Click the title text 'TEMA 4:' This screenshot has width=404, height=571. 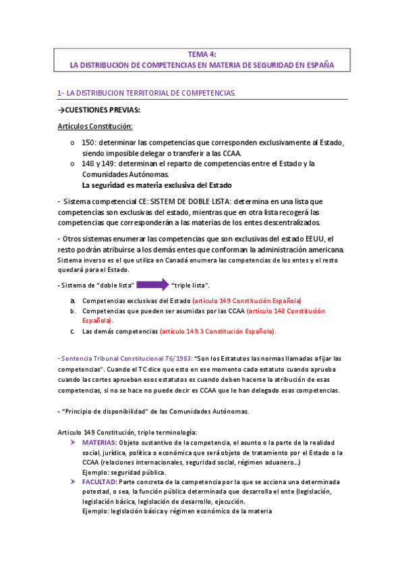(202, 55)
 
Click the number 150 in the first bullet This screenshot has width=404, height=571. (88, 142)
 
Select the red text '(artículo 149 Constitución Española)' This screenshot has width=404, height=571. (246, 300)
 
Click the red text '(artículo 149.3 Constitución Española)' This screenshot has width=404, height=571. (217, 331)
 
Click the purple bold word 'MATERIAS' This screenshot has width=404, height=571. (98, 442)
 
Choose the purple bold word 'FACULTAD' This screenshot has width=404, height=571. (98, 482)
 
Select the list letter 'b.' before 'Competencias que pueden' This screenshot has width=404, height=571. (73, 312)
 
